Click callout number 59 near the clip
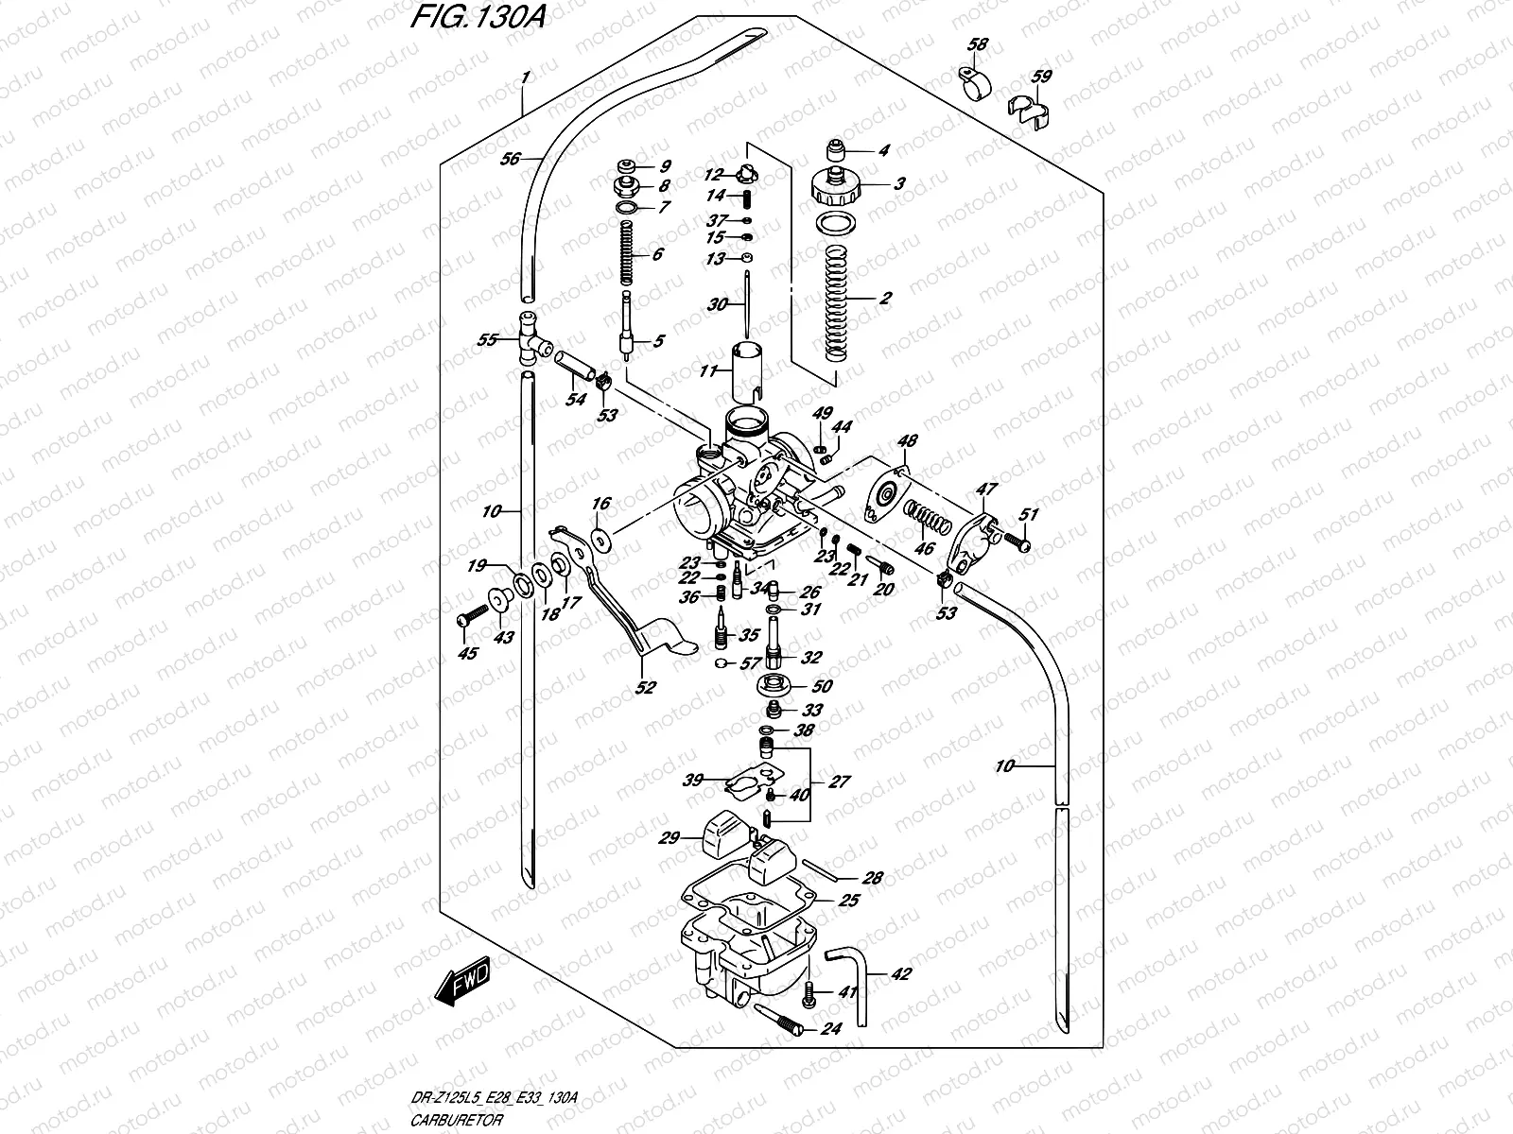[1039, 77]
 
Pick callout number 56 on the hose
[511, 160]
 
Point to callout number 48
[908, 441]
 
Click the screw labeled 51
[1016, 543]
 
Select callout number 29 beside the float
[670, 837]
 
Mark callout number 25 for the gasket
[849, 901]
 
